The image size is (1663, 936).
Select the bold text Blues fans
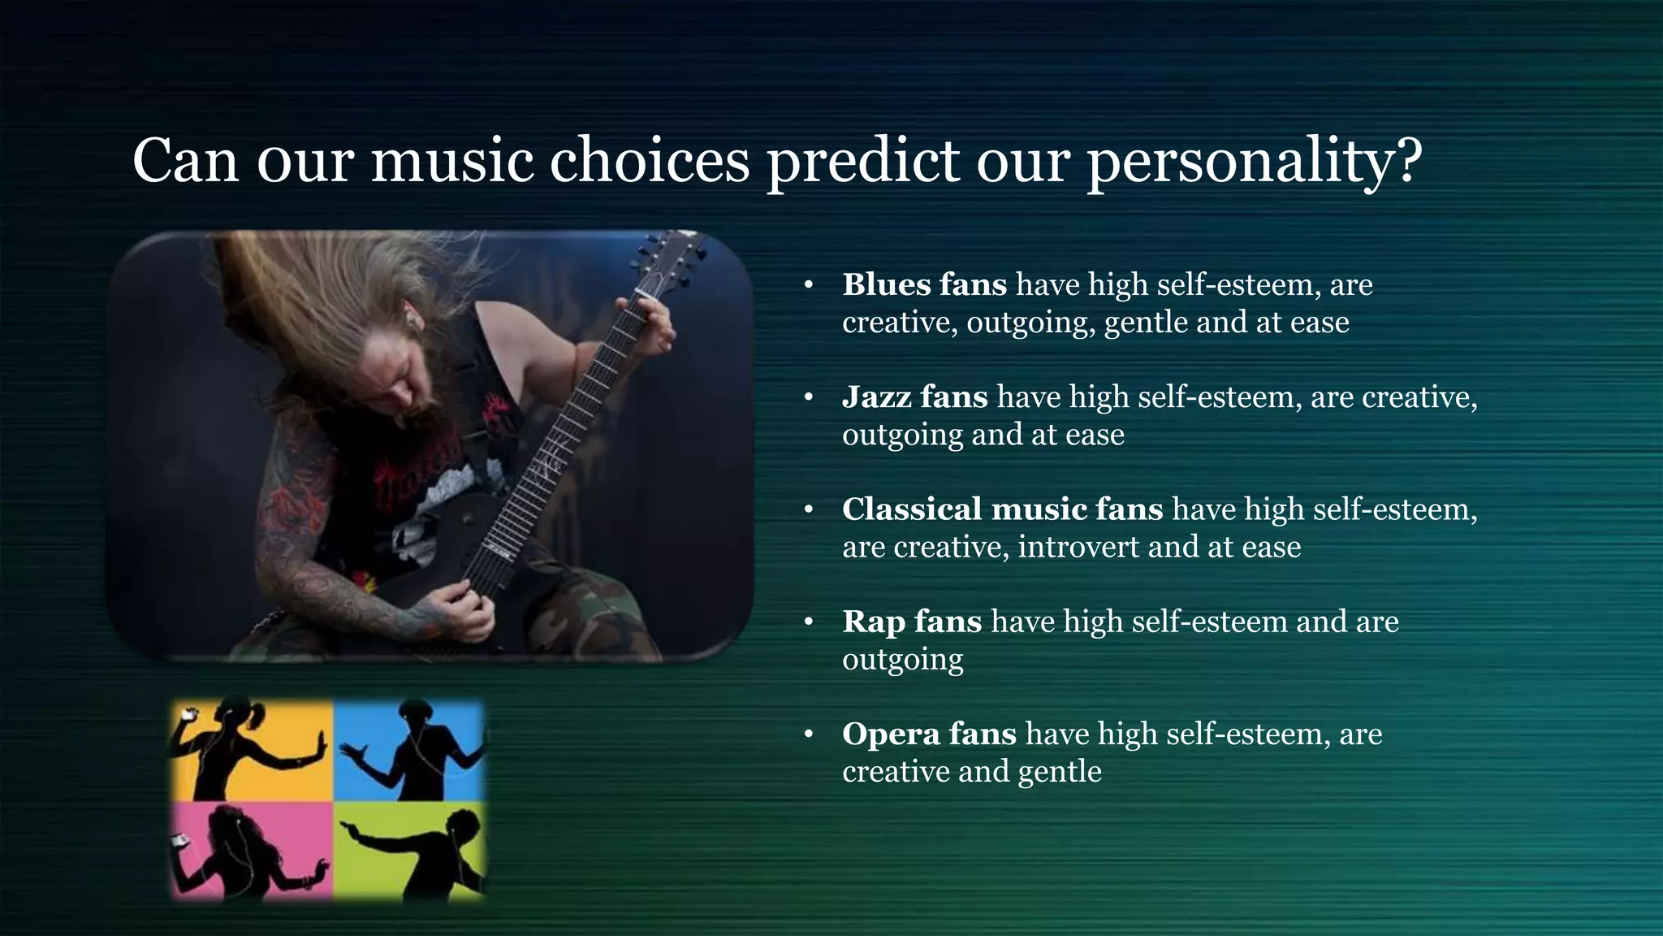pyautogui.click(x=924, y=284)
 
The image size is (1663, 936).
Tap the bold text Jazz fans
pyautogui.click(x=914, y=396)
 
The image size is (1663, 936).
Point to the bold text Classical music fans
pyautogui.click(x=1002, y=509)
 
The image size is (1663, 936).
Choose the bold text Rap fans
pyautogui.click(x=912, y=622)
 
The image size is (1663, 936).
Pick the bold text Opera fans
pyautogui.click(x=929, y=734)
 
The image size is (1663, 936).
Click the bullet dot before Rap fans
pyautogui.click(x=808, y=622)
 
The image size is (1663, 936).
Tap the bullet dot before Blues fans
pyautogui.click(x=808, y=285)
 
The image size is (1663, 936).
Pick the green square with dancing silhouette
pyautogui.click(x=410, y=849)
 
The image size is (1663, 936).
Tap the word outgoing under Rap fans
pyautogui.click(x=902, y=660)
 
